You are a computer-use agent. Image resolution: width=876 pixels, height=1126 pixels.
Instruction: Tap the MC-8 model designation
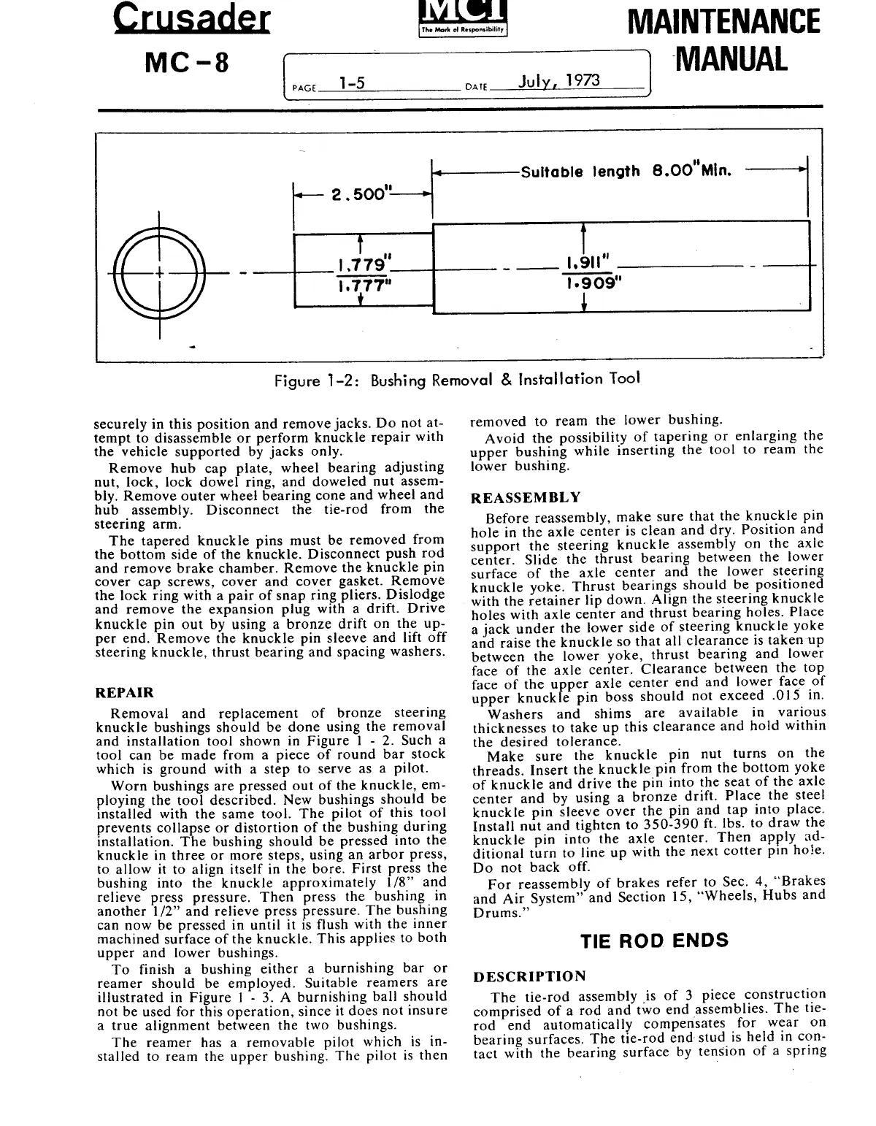[x=188, y=64]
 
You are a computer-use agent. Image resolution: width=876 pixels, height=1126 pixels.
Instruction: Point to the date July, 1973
[x=558, y=80]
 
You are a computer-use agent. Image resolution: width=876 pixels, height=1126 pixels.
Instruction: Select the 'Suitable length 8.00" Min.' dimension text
[x=626, y=172]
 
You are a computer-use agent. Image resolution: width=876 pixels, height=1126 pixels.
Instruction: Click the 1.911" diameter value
[x=588, y=261]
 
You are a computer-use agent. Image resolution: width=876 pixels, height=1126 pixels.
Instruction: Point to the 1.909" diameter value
[x=591, y=283]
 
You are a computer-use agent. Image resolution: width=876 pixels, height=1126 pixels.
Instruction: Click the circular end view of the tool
[x=159, y=275]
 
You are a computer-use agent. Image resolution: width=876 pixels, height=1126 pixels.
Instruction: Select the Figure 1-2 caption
[x=457, y=380]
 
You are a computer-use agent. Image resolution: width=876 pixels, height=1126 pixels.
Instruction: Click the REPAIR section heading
[x=125, y=692]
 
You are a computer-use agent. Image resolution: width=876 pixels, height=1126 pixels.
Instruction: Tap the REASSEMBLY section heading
[x=526, y=498]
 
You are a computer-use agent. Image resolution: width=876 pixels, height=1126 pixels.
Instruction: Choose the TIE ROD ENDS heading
[x=654, y=940]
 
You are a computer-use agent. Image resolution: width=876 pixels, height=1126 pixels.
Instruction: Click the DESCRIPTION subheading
[x=529, y=976]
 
